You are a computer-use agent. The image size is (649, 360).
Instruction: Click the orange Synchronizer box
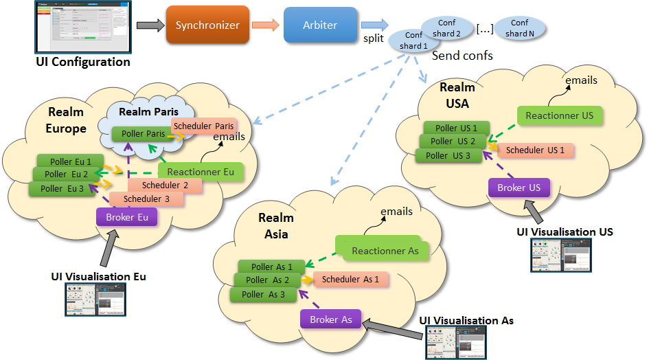[x=207, y=25]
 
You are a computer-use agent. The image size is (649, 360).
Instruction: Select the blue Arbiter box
[x=320, y=25]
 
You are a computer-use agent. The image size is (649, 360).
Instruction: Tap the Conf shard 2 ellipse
[x=447, y=28]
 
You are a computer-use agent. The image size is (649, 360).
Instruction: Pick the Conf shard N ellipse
[x=520, y=28]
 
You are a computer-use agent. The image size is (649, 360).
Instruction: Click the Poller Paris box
[x=143, y=133]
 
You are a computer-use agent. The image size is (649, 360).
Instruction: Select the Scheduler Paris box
[x=203, y=126]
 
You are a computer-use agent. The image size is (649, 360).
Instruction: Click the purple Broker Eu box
[x=127, y=218]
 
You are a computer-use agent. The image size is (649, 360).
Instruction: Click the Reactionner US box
[x=559, y=115]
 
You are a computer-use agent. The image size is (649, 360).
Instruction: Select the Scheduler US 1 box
[x=535, y=150]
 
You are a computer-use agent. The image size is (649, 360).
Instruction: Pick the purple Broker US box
[x=519, y=188]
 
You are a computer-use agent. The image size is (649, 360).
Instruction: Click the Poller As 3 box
[x=262, y=294]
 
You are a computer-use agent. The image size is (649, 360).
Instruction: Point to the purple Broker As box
[x=330, y=319]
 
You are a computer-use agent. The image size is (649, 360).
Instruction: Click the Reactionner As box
[x=385, y=251]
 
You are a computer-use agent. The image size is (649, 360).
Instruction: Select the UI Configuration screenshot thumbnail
[x=82, y=26]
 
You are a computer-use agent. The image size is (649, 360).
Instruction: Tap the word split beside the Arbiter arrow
[x=374, y=38]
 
